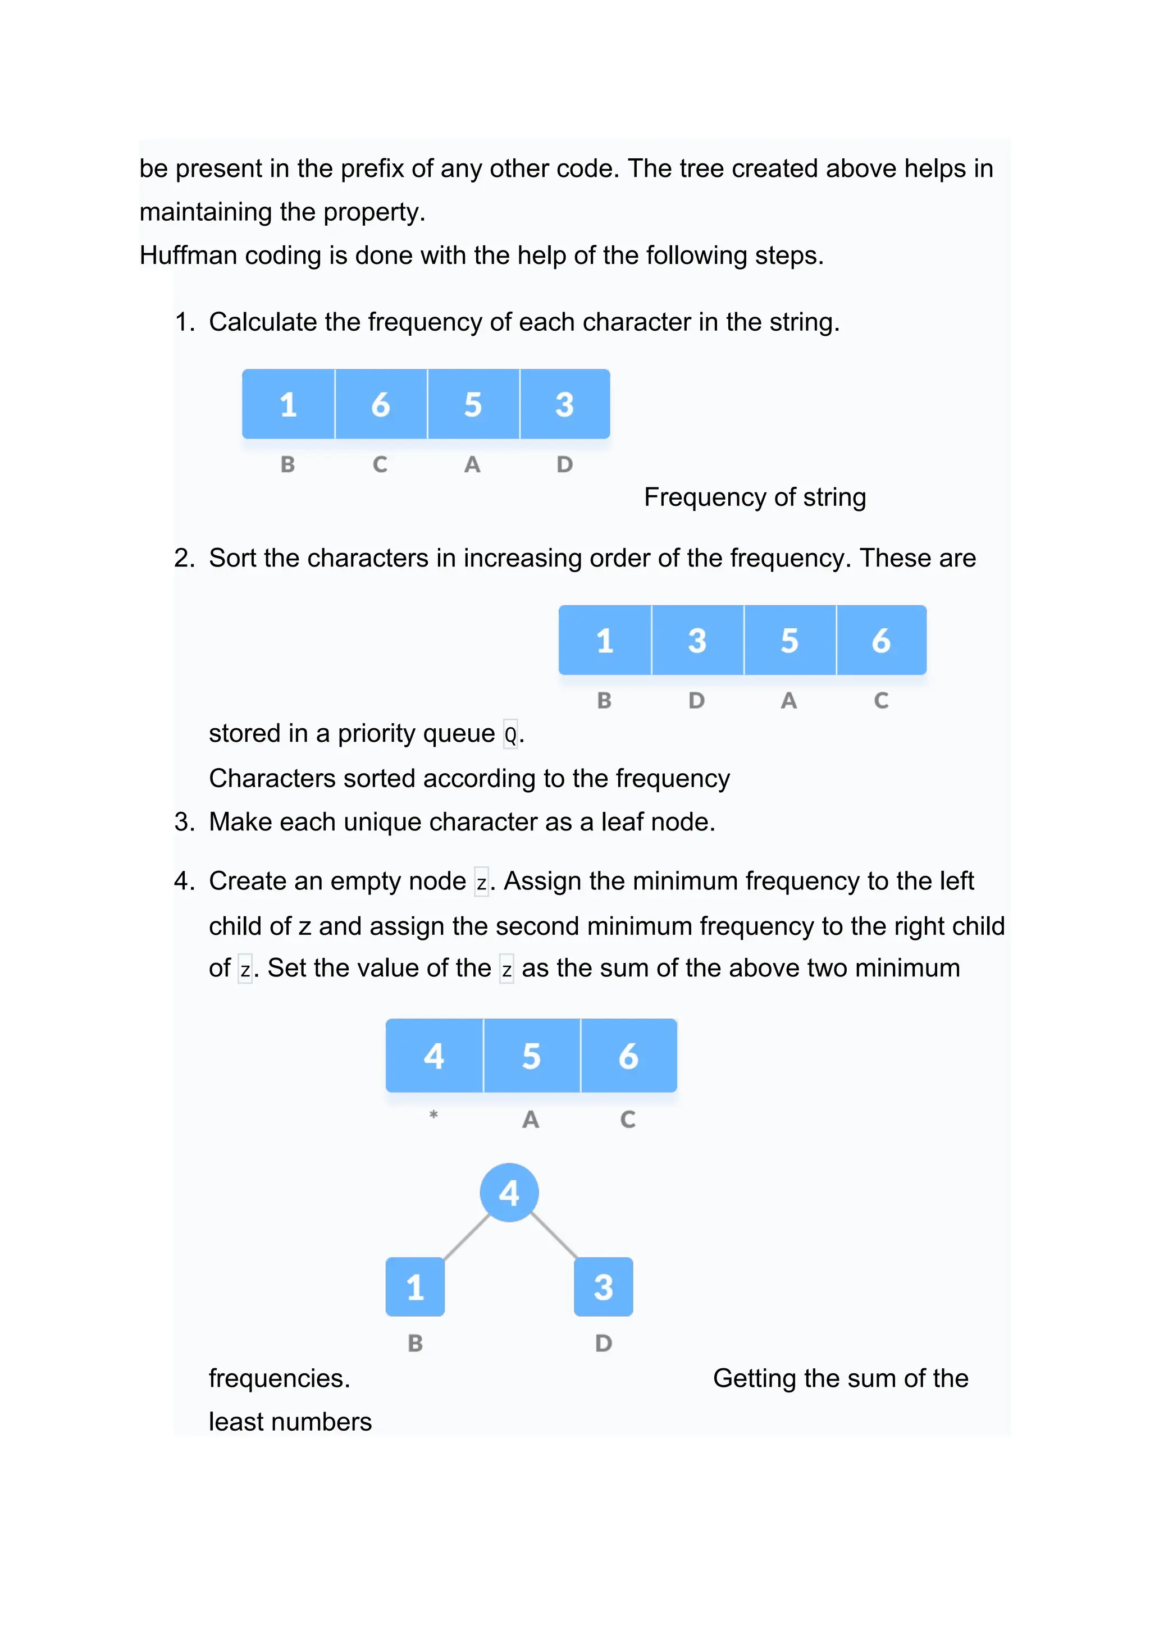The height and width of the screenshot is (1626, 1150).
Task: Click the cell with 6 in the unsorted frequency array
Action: tap(381, 404)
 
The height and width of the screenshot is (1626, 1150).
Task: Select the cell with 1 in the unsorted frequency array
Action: tap(288, 404)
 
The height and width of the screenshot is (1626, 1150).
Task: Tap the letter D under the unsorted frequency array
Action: tap(564, 464)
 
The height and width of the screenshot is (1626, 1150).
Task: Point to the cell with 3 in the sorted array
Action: tap(697, 640)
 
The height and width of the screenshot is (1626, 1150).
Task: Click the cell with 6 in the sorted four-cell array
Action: tap(881, 640)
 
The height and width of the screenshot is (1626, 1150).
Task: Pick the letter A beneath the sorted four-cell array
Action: tap(789, 700)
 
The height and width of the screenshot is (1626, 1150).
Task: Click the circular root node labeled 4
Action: tap(509, 1193)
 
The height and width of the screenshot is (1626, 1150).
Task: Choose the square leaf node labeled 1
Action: tap(415, 1287)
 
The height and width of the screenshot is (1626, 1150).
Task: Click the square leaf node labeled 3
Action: tap(603, 1287)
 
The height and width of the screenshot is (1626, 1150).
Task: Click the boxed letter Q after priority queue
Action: tap(510, 734)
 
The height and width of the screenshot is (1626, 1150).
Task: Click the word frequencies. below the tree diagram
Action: tap(279, 1378)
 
